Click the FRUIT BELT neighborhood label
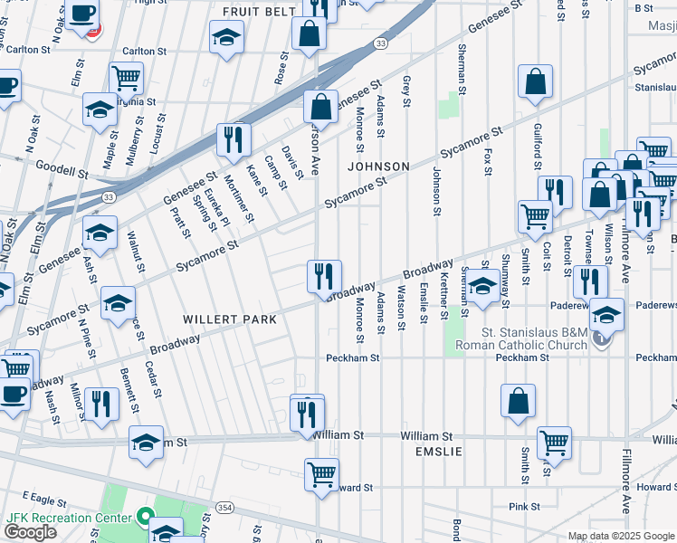click(x=260, y=12)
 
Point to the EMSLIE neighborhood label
click(x=438, y=451)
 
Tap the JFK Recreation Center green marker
click(x=146, y=519)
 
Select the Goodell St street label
click(x=62, y=168)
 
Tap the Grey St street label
click(x=406, y=89)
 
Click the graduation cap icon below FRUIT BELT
click(x=226, y=38)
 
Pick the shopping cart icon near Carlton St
click(x=126, y=78)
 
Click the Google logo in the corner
click(x=31, y=532)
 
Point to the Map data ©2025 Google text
click(x=619, y=536)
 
